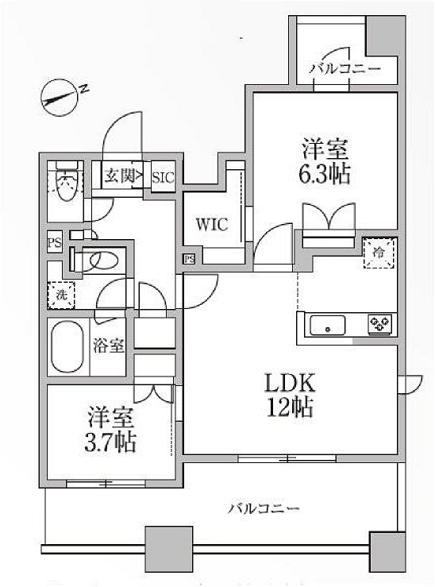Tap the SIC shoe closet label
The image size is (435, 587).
click(x=163, y=177)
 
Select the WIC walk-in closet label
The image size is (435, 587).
click(x=212, y=224)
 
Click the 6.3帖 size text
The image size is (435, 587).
click(x=325, y=174)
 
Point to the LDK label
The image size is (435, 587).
click(x=290, y=383)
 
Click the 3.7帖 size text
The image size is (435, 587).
click(x=110, y=442)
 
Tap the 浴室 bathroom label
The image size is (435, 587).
click(x=109, y=346)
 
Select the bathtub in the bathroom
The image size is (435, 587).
click(x=67, y=346)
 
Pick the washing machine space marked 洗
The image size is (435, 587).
click(x=61, y=295)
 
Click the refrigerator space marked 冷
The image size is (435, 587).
click(x=379, y=253)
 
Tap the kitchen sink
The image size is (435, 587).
click(x=328, y=325)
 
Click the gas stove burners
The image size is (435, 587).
click(x=379, y=324)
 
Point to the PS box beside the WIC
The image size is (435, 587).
click(x=189, y=259)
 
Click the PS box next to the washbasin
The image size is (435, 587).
click(x=54, y=243)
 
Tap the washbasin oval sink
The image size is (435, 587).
click(x=104, y=259)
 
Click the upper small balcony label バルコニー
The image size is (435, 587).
click(x=345, y=69)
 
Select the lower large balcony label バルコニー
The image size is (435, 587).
click(x=264, y=508)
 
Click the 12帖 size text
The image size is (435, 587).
click(x=290, y=407)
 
